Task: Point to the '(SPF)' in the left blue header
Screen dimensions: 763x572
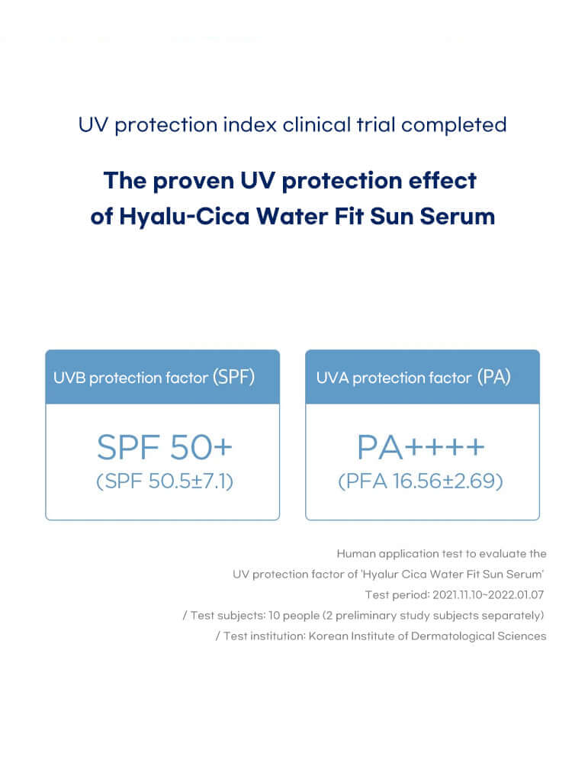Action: coord(233,377)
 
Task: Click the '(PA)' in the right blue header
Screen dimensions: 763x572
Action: coord(494,377)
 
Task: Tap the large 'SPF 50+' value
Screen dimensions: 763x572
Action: coord(162,448)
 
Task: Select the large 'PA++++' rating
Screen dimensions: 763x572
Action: coord(422,448)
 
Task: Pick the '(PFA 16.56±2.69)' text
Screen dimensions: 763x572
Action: coord(422,482)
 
